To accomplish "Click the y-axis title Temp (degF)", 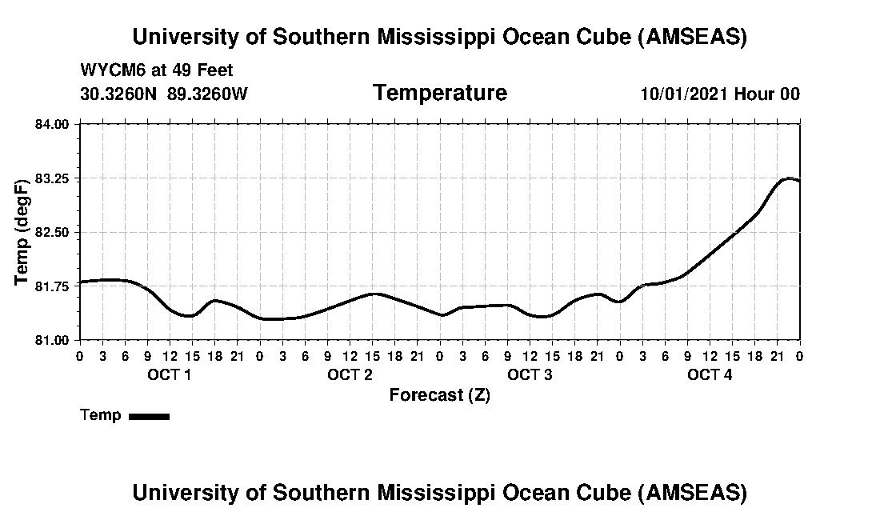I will coord(22,232).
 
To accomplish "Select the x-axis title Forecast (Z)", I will coord(439,395).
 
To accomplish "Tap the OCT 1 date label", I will coord(170,374).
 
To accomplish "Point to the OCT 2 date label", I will coord(350,374).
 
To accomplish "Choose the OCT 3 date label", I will coord(530,374).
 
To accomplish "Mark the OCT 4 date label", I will coord(710,374).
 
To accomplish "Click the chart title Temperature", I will coord(439,93).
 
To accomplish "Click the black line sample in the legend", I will coord(150,416).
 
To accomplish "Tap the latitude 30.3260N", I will coord(120,94).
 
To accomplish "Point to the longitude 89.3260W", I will coord(208,94).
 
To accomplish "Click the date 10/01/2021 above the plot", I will coord(684,94).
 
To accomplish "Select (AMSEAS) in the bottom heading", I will coord(694,492).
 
